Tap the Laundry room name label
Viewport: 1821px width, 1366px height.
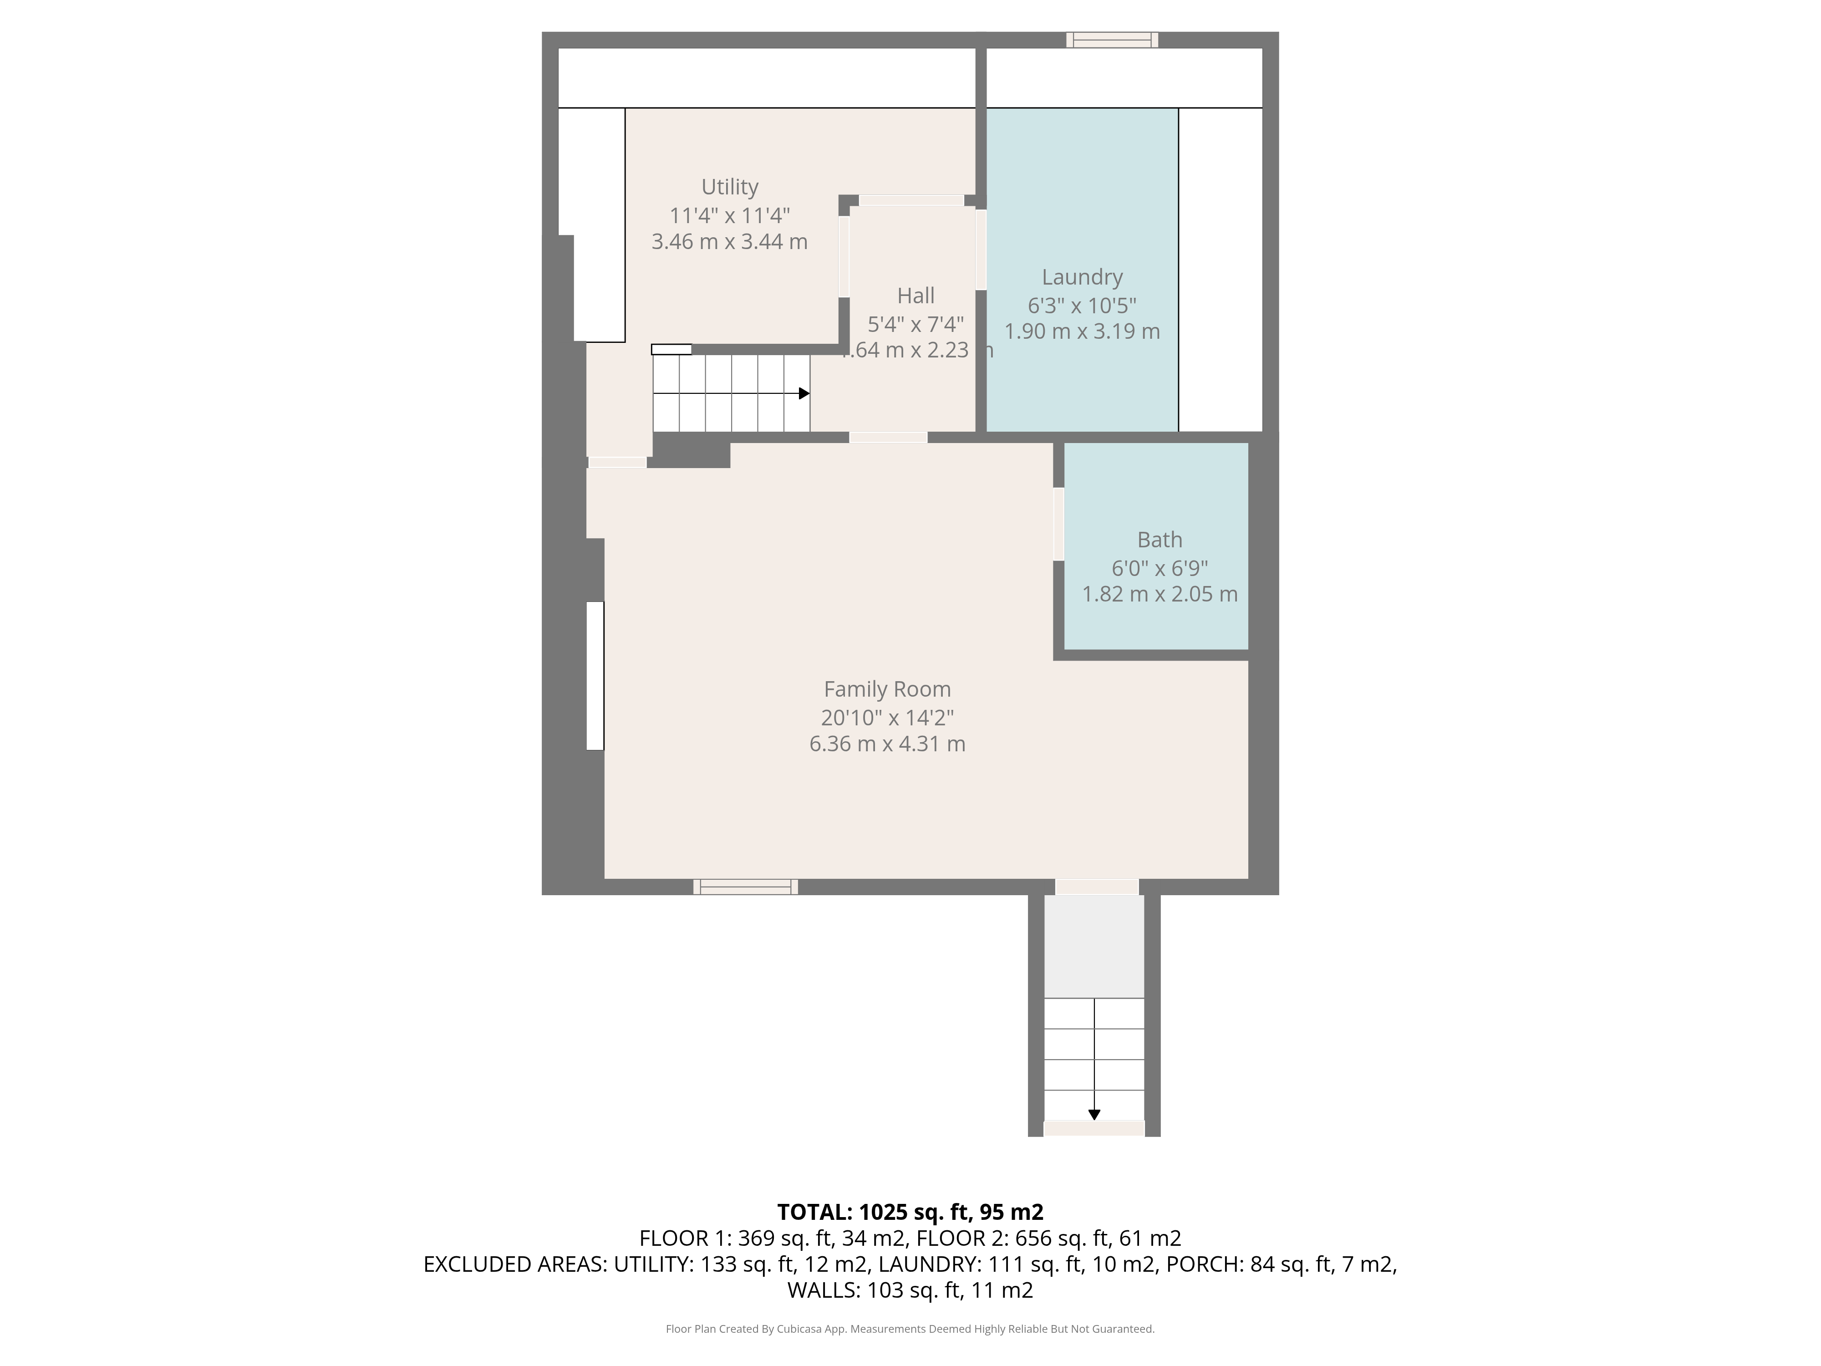point(1082,277)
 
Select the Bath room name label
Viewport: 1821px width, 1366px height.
point(1159,540)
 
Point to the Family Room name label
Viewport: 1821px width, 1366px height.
point(887,690)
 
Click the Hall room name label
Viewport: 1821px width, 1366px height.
point(916,296)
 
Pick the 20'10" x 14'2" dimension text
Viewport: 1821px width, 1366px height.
point(887,717)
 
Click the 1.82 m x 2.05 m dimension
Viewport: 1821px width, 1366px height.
point(1159,594)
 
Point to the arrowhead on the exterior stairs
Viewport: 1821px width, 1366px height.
point(1094,1115)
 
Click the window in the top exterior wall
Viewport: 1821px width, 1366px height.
point(1112,40)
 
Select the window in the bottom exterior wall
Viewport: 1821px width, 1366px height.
point(746,887)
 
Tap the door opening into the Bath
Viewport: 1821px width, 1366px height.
point(1058,525)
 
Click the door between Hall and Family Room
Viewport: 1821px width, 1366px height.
point(888,437)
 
